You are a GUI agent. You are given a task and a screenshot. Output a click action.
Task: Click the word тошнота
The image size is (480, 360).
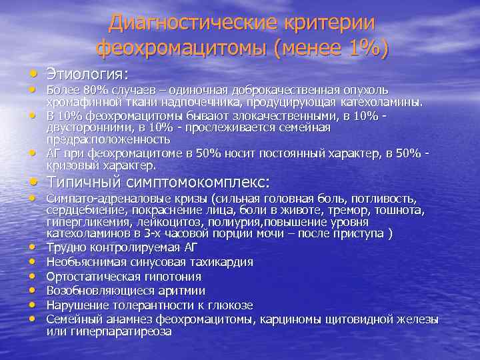(x=399, y=210)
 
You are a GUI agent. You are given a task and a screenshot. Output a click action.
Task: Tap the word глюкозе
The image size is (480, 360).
(x=229, y=305)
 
